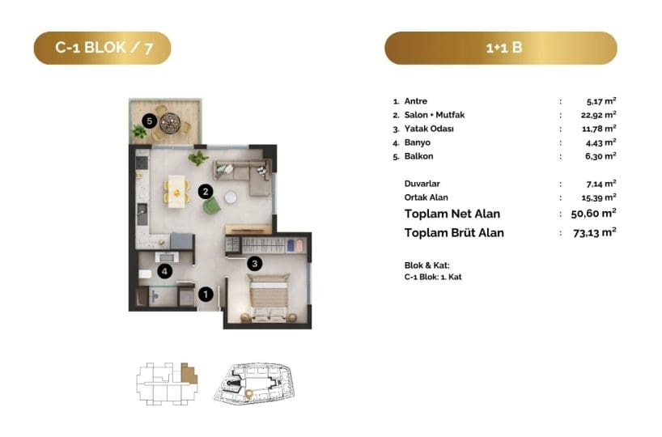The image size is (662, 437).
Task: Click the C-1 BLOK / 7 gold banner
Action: [103, 48]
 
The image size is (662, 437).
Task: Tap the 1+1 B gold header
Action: [501, 48]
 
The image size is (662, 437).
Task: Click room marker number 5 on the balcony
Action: [149, 121]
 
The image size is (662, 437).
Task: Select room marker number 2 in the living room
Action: [206, 192]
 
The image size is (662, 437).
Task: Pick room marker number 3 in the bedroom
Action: [255, 264]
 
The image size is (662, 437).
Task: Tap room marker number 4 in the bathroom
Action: [164, 271]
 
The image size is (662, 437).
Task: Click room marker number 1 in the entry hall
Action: [206, 294]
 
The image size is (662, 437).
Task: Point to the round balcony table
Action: [170, 123]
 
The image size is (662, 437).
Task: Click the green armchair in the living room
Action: [211, 206]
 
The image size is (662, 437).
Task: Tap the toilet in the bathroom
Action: [145, 274]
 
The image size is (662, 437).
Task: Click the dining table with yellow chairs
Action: [176, 191]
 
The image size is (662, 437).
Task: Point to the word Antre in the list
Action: [416, 101]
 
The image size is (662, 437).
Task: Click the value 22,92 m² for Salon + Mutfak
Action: [598, 115]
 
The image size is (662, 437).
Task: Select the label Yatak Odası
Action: [429, 129]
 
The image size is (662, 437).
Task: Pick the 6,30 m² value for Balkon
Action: [600, 156]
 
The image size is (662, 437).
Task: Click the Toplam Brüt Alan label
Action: [454, 232]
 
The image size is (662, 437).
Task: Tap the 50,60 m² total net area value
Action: [593, 213]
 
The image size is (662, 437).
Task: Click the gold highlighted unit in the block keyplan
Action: [189, 373]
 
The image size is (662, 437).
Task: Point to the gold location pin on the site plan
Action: [249, 394]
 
